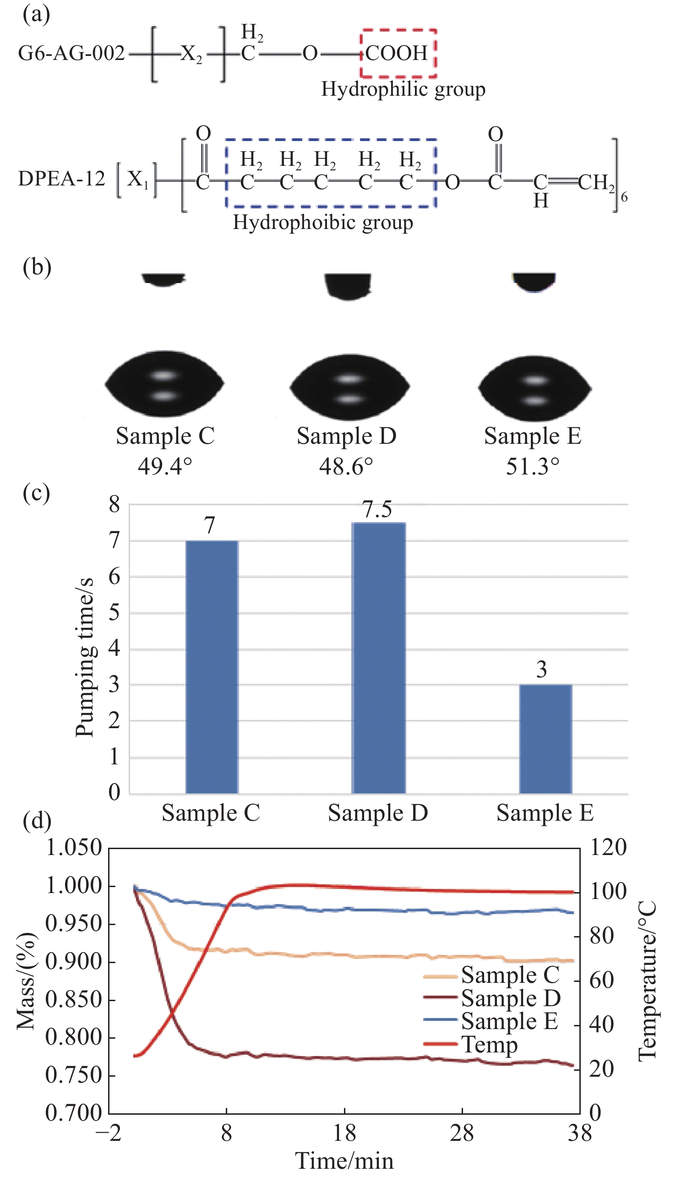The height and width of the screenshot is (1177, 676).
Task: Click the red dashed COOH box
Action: point(398,53)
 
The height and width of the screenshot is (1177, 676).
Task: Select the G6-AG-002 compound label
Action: point(71,54)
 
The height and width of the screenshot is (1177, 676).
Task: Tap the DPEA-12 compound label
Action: point(62,179)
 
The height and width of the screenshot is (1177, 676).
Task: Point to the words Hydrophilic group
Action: point(403,89)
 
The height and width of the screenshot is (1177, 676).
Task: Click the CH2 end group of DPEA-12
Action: point(596,182)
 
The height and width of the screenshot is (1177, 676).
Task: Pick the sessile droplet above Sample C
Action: point(164,385)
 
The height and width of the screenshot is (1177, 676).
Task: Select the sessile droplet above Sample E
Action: point(535,388)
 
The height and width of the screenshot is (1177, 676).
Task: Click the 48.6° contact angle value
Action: point(346,466)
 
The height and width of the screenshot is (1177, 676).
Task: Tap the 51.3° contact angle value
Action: point(533,466)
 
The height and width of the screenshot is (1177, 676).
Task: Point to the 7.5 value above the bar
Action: point(377,510)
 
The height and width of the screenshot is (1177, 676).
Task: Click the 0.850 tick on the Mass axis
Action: point(73,999)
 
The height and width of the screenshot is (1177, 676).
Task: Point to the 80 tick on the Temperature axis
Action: point(601,936)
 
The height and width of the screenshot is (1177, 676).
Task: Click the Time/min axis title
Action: point(344,1162)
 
